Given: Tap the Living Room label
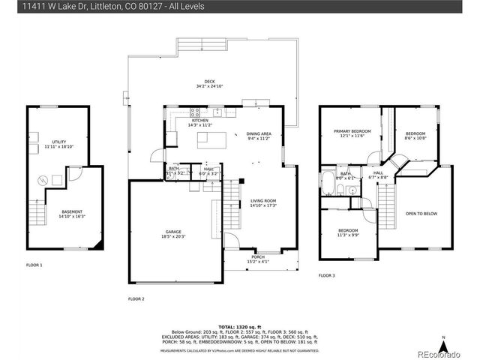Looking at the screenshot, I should point(263,202).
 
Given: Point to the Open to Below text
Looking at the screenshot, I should point(421,213).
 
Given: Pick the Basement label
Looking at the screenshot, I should point(73,214).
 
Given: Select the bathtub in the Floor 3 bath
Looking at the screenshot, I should point(328,182).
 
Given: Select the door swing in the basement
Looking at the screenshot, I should point(74,174).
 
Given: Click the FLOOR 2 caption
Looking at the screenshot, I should point(137,298).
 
